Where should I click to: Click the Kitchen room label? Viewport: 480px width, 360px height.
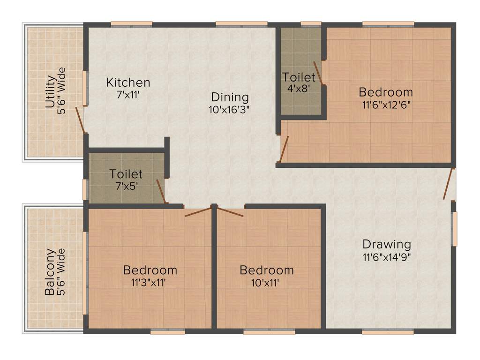tap(128, 82)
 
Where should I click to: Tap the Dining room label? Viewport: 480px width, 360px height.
tap(229, 97)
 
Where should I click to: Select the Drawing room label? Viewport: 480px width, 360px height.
tap(387, 244)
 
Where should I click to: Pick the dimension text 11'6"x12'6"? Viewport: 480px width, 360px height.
tap(386, 105)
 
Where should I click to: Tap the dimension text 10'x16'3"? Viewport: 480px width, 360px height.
tap(229, 110)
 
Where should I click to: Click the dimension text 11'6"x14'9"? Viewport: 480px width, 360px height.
tap(387, 257)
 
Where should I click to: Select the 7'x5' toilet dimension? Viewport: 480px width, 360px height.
tap(126, 186)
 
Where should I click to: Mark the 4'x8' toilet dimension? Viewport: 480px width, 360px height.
tap(299, 88)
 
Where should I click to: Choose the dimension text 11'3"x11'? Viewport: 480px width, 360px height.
tap(150, 283)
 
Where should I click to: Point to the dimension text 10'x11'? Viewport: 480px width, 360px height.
tap(266, 283)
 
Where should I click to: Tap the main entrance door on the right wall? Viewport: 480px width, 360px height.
tap(450, 184)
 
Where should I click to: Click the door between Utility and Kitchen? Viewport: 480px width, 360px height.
tap(80, 120)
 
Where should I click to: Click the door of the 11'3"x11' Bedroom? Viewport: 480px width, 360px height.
tap(198, 211)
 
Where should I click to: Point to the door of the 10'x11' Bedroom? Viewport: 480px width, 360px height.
tap(230, 211)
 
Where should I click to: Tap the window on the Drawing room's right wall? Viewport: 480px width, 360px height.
tap(454, 229)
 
